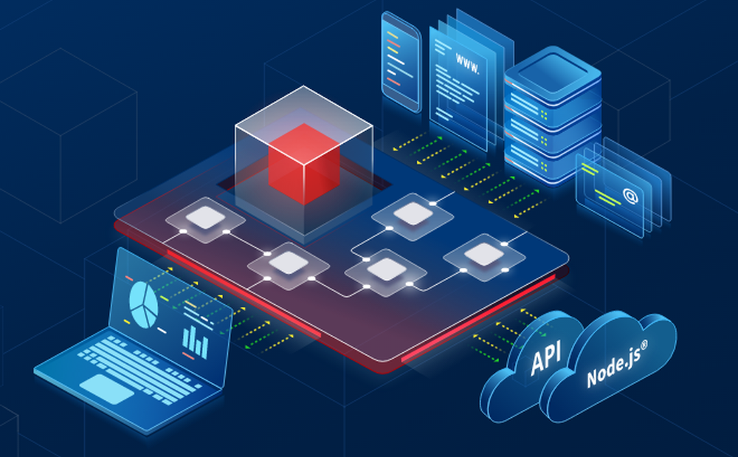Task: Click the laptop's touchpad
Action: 107,388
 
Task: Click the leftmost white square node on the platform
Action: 206,219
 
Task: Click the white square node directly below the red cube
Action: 288,262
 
